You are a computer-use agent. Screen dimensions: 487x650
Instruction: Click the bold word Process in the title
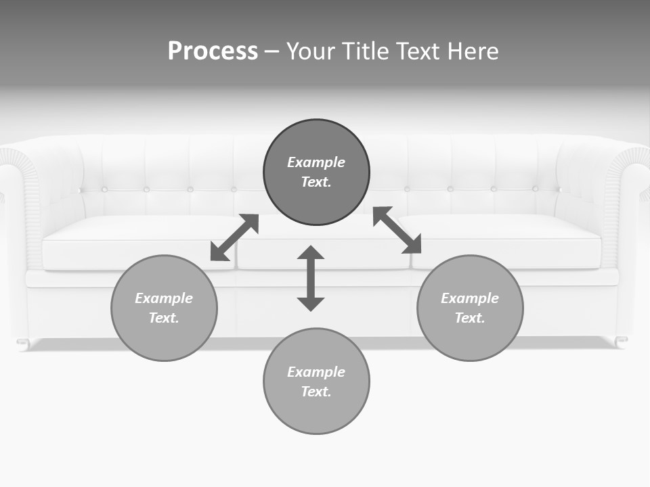pos(213,51)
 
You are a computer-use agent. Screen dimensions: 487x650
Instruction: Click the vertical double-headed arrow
pos(311,279)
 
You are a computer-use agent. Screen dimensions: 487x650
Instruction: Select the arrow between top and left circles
pos(234,237)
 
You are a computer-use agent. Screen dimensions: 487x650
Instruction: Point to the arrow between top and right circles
pos(397,231)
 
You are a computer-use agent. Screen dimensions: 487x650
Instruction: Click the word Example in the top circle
pos(316,162)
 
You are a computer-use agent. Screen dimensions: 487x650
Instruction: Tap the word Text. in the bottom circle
pos(316,392)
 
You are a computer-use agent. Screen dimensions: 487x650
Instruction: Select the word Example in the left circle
pos(164,298)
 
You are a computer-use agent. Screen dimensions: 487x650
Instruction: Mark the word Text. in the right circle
pos(470,318)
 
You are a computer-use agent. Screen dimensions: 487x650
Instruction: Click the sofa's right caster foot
pos(621,342)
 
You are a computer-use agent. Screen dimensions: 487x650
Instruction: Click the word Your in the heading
pos(309,51)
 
